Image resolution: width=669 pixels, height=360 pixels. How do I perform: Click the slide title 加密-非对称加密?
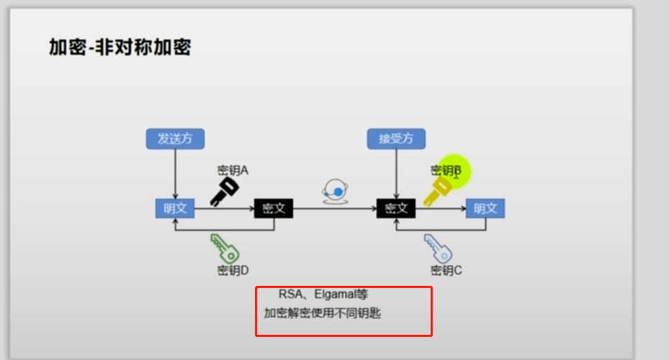tap(120, 48)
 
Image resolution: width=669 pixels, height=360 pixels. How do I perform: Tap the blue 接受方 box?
tap(396, 139)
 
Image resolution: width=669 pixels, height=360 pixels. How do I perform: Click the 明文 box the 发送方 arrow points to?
tap(175, 209)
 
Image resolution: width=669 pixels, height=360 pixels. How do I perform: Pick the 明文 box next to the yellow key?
tap(485, 209)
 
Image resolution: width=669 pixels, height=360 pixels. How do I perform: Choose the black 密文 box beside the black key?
tap(274, 209)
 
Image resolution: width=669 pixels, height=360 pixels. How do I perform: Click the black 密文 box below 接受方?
tap(396, 209)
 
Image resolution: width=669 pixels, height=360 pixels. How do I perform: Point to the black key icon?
tap(224, 191)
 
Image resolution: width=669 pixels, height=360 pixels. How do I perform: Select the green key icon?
tap(224, 248)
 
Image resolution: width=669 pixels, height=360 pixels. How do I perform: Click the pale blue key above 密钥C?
tap(438, 248)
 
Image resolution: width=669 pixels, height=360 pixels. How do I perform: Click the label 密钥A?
tap(233, 171)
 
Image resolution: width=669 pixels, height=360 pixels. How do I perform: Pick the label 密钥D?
tap(233, 271)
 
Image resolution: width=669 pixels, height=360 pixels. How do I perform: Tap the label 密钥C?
tap(446, 271)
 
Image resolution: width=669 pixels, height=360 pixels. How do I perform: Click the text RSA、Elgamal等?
tap(323, 294)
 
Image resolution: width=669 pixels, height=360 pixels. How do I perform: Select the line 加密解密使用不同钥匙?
tap(326, 314)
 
